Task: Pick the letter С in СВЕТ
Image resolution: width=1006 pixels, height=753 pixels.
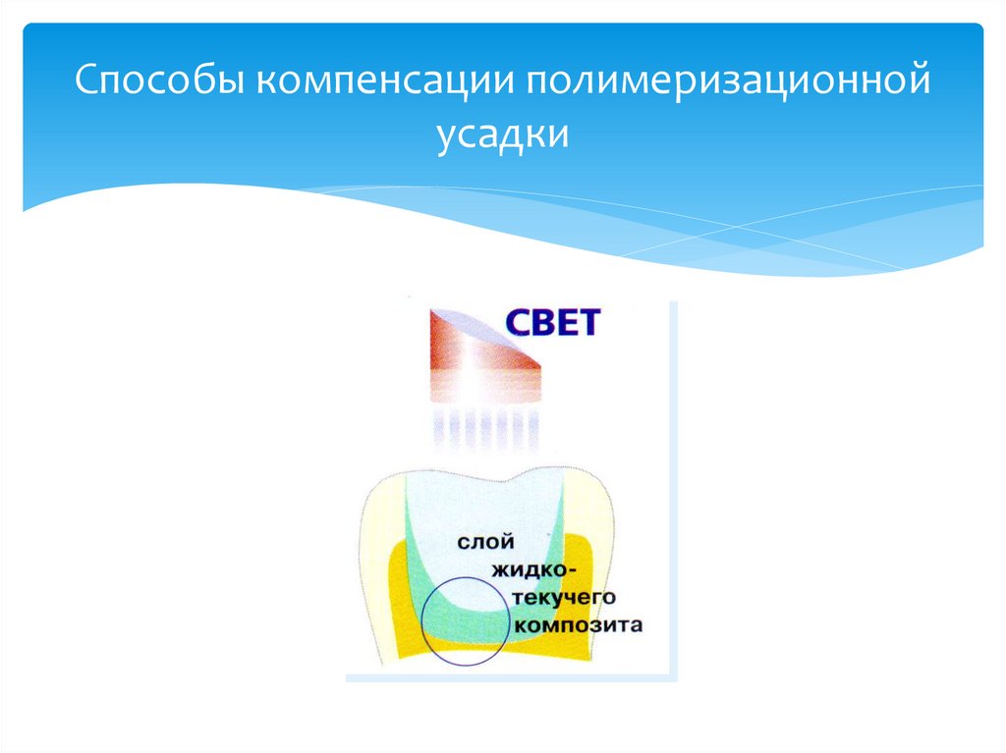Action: coord(519,323)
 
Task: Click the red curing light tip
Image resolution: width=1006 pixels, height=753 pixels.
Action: coord(481,349)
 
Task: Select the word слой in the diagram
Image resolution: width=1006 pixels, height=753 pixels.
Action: coord(485,542)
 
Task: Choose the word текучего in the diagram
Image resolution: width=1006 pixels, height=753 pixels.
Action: coord(559,597)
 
